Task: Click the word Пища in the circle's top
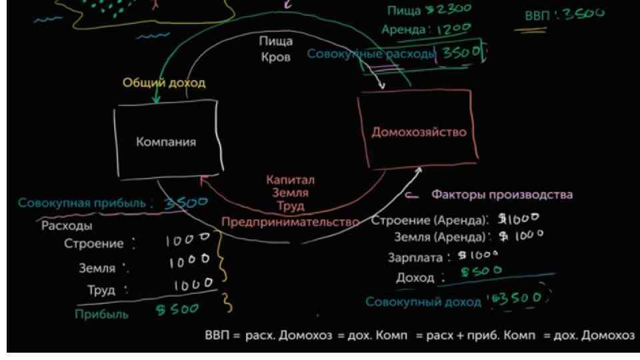point(271,41)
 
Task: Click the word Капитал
point(290,180)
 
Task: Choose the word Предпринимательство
point(287,221)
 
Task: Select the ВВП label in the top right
point(537,15)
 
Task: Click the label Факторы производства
point(502,195)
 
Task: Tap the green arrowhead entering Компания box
point(156,100)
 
